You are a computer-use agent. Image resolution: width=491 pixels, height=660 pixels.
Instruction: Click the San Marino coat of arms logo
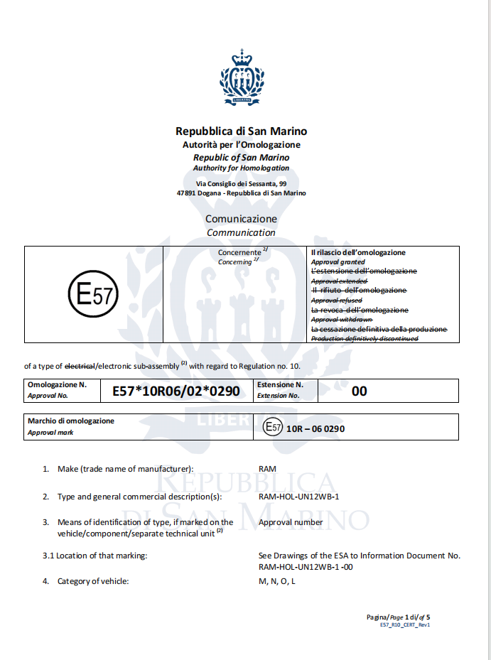[x=242, y=77]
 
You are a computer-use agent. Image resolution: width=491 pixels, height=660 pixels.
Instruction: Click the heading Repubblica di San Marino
[x=242, y=131]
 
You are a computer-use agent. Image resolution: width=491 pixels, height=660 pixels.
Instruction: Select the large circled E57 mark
[x=93, y=294]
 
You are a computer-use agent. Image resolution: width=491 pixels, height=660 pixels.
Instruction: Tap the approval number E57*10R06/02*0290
[x=176, y=391]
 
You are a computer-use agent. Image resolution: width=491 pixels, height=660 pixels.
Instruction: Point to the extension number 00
[x=360, y=391]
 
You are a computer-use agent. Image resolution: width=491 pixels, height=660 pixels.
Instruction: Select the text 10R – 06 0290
[x=315, y=428]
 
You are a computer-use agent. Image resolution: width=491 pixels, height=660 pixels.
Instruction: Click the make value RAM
[x=267, y=469]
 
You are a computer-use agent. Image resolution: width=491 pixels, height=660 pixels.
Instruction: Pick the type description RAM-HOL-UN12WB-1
[x=299, y=497]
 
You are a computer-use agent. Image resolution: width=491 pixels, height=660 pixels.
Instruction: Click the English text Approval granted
[x=338, y=262]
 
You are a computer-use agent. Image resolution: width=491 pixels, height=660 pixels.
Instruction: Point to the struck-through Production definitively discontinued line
[x=365, y=339]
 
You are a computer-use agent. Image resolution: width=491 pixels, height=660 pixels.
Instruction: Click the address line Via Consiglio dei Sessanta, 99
[x=242, y=184]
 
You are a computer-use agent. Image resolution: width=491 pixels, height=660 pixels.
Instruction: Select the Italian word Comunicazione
[x=242, y=219]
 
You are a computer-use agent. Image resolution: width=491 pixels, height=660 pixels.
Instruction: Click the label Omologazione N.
[x=57, y=384]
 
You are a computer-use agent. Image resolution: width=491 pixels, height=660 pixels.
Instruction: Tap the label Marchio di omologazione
[x=70, y=421]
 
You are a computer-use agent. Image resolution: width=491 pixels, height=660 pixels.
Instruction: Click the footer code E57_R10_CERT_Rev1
[x=405, y=624]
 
